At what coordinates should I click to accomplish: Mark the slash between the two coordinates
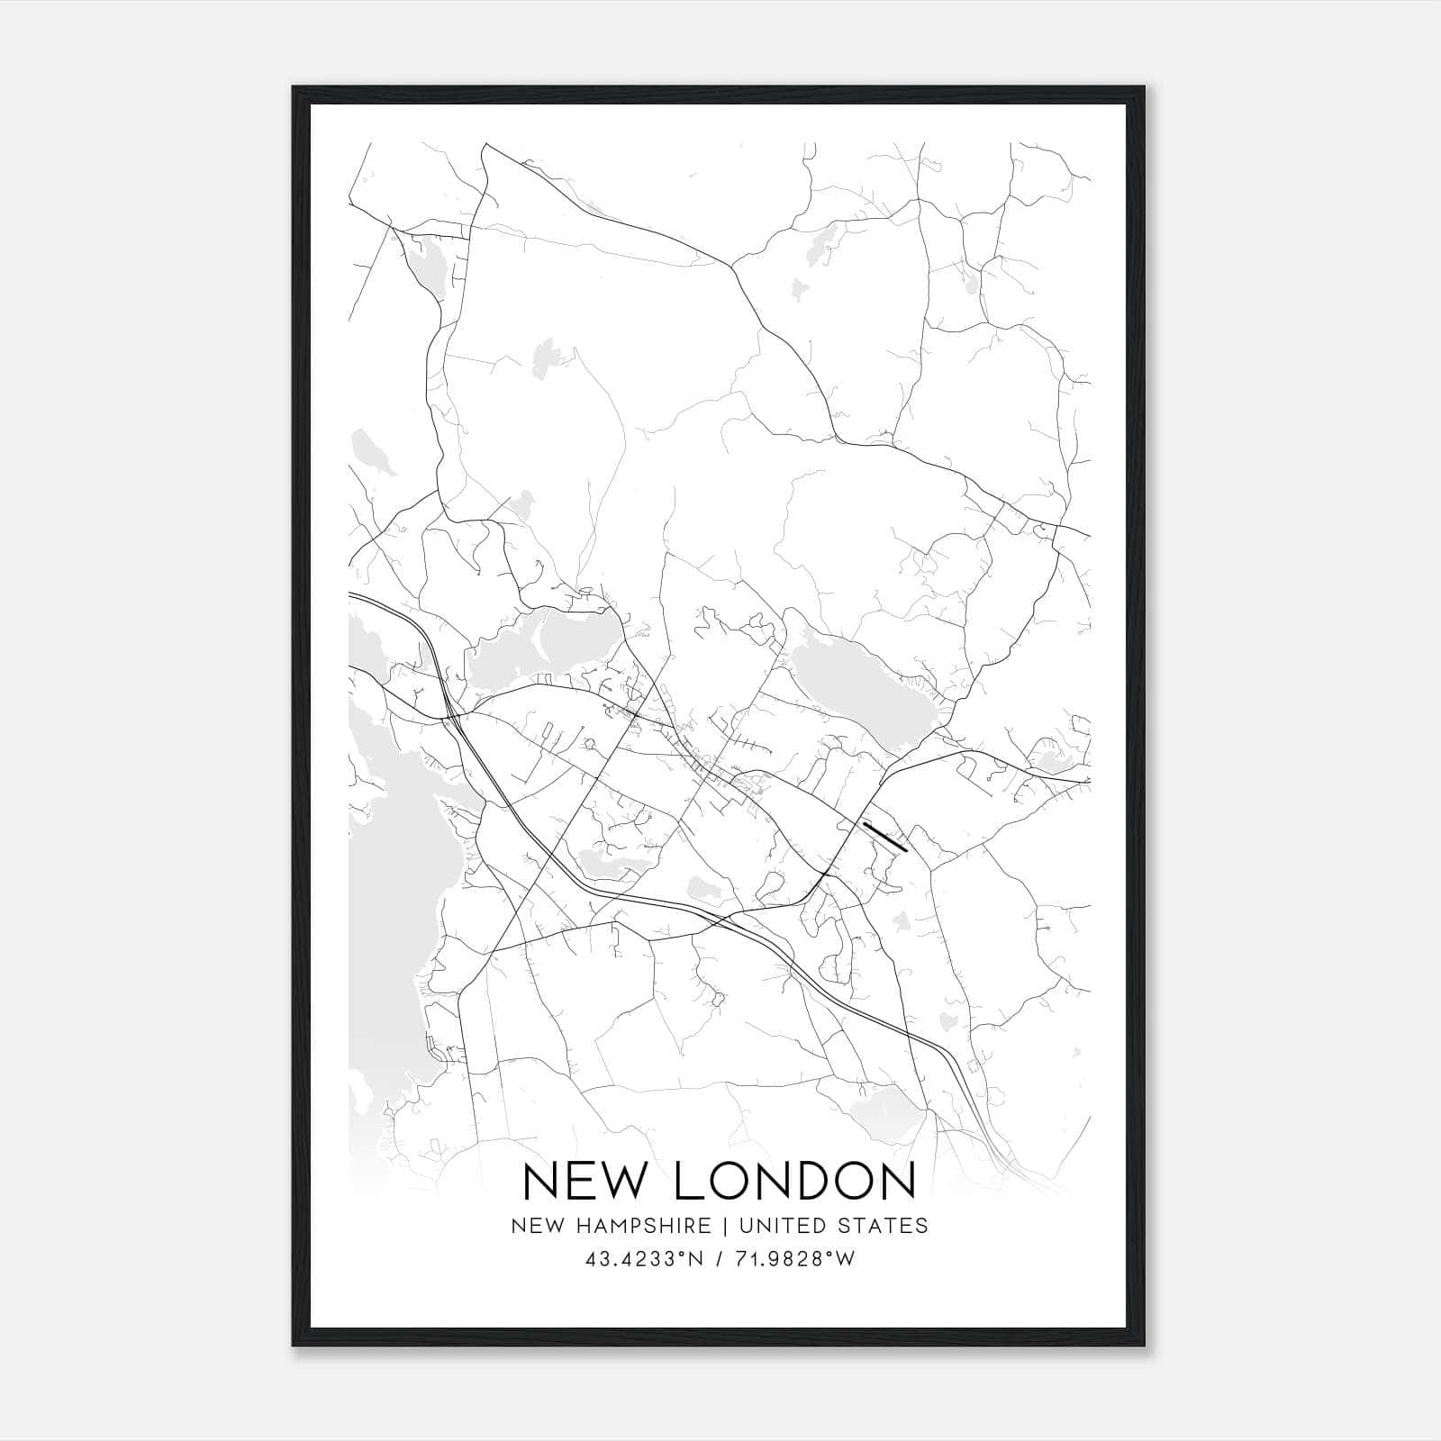point(717,1260)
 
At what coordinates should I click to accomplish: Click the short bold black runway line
point(884,837)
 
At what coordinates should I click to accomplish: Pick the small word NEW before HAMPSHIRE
point(532,1226)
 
